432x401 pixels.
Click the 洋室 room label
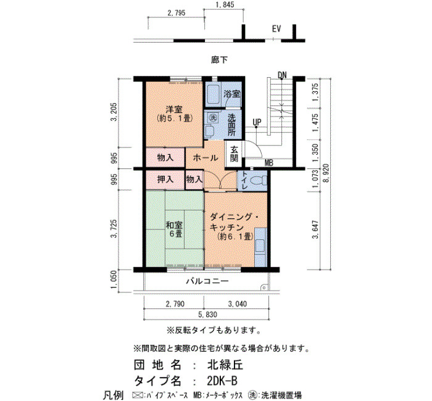(x=174, y=109)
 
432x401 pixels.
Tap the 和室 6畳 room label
(x=174, y=229)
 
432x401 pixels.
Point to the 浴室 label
(x=231, y=94)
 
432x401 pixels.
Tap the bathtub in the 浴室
(x=213, y=94)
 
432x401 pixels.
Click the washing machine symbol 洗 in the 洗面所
(x=212, y=118)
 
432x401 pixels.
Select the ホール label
(x=206, y=158)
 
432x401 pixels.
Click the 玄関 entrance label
(x=234, y=154)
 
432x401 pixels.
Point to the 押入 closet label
(x=165, y=180)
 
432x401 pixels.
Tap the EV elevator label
(x=276, y=28)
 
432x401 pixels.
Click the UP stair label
(x=257, y=122)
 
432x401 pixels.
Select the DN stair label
(x=282, y=75)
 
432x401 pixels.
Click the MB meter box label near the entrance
(x=269, y=163)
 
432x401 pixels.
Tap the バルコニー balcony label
(x=207, y=281)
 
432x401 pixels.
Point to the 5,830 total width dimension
(x=207, y=314)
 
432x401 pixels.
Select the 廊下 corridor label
(x=220, y=60)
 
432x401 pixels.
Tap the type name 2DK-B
(x=222, y=381)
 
